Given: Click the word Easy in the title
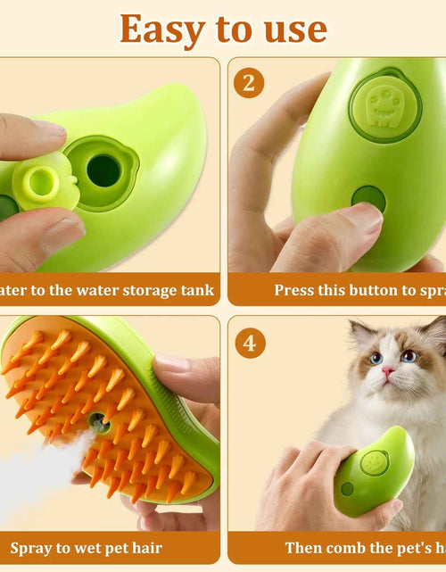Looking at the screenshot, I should click(x=162, y=29).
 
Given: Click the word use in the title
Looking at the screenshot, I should click(x=290, y=29).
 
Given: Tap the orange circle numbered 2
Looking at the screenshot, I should click(x=250, y=82).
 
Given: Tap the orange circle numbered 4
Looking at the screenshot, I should click(x=250, y=342).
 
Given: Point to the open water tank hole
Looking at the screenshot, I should click(x=103, y=170).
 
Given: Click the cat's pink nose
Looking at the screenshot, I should click(x=390, y=371).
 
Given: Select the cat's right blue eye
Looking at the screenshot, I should click(x=408, y=356).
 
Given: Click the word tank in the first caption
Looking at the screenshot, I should click(x=197, y=289).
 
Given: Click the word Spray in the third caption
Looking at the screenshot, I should click(x=30, y=547).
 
